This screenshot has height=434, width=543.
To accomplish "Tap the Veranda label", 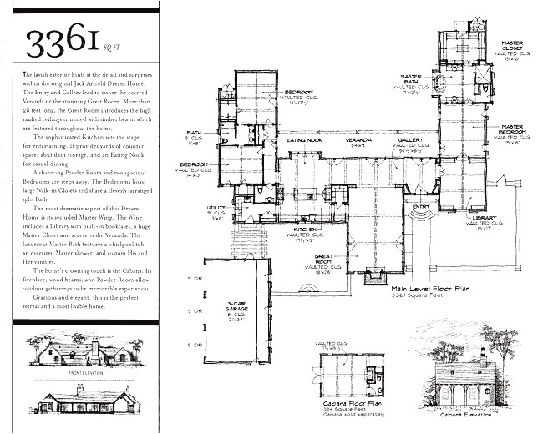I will pyautogui.click(x=358, y=141).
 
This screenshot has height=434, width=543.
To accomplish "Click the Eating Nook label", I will pyautogui.click(x=304, y=140).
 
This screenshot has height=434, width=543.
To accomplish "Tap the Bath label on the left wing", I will pyautogui.click(x=195, y=133).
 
